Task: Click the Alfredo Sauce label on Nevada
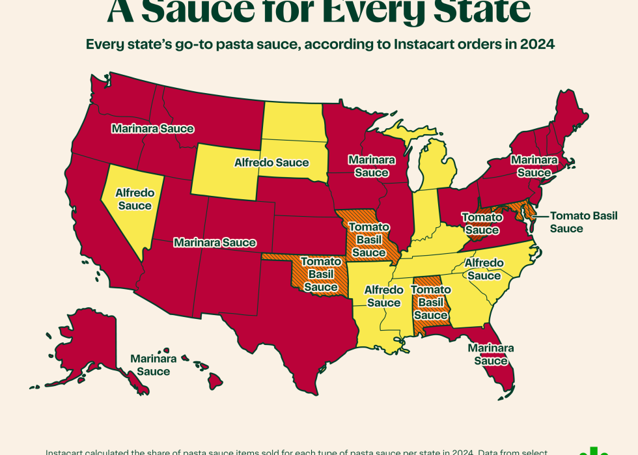[134, 199]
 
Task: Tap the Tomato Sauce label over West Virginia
[482, 223]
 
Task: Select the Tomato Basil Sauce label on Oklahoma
[321, 273]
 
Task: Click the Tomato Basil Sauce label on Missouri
[369, 240]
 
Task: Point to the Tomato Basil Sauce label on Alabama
[431, 302]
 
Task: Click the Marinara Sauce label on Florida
[491, 354]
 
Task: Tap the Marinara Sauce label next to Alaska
[153, 365]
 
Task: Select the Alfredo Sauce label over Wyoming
[272, 162]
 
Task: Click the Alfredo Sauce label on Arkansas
[383, 296]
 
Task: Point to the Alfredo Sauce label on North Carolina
[484, 269]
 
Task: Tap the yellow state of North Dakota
[292, 121]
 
